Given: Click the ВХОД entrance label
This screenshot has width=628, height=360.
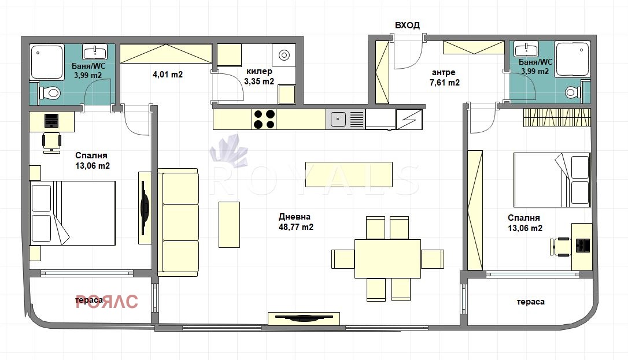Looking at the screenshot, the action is tap(407, 25).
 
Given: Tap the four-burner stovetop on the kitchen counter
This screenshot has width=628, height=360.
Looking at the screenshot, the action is tap(264, 119).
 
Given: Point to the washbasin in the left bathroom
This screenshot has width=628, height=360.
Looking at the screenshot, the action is tap(95, 51).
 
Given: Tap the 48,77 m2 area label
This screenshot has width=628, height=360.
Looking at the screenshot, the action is tap(296, 227).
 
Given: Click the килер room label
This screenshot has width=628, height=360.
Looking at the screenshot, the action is tap(259, 71).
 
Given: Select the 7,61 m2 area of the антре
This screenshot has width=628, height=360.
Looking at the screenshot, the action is tap(445, 83).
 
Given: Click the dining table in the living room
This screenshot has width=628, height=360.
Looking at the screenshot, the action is tap(387, 258).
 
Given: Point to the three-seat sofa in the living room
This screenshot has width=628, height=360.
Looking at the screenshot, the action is tap(178, 222).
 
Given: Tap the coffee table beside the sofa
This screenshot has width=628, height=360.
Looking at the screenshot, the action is tap(229, 224).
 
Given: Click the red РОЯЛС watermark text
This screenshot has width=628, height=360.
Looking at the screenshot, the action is tap(106, 301).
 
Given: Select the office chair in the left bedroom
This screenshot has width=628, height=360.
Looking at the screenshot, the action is tap(51, 143).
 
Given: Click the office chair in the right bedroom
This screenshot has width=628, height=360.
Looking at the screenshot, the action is tap(560, 246).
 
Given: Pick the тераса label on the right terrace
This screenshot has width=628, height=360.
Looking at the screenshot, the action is tap(531, 302).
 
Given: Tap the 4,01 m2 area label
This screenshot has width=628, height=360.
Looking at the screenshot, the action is tap(168, 75).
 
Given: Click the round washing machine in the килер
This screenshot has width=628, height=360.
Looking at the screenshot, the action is tap(284, 55).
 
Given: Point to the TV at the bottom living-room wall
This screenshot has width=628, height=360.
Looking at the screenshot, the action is tap(304, 319).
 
